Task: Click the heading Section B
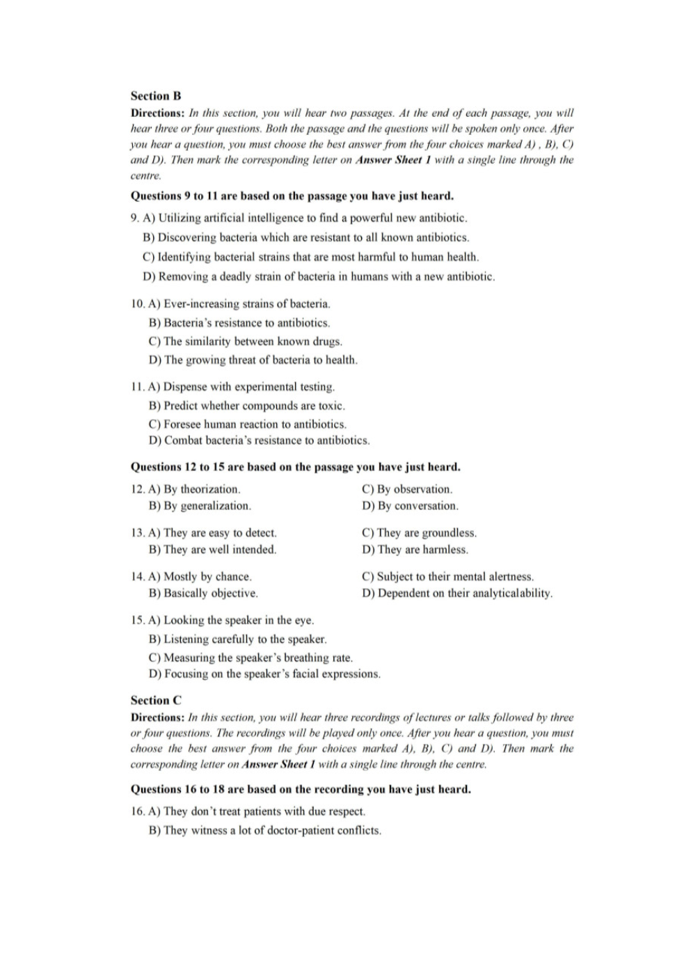click(x=156, y=96)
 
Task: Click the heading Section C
click(x=156, y=701)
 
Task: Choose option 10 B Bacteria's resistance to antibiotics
click(x=239, y=323)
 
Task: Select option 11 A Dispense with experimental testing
click(x=241, y=387)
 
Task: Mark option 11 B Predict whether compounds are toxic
click(x=247, y=406)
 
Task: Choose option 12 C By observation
click(x=407, y=489)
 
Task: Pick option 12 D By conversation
click(x=410, y=506)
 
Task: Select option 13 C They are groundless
click(x=419, y=533)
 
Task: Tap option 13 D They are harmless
click(x=415, y=550)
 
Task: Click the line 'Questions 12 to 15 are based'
click(x=296, y=467)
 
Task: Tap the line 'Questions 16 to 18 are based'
click(x=301, y=789)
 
